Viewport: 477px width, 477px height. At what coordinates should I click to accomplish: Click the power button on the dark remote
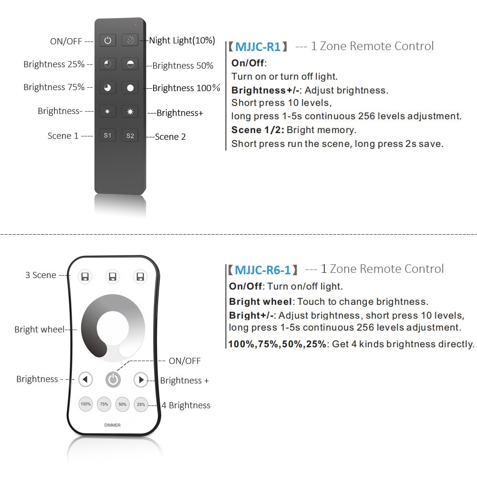click(108, 41)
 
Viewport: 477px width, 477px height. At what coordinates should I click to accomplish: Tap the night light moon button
click(130, 41)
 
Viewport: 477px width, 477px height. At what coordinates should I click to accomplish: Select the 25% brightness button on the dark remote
click(108, 64)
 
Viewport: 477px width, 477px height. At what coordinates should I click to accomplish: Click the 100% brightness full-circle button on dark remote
click(130, 88)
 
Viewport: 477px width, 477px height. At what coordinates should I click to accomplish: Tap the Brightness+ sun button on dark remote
click(130, 112)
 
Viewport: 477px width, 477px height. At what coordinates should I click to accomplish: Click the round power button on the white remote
click(113, 380)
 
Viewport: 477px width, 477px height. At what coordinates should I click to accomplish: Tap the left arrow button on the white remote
click(85, 380)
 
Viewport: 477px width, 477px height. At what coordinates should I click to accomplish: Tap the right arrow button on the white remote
click(141, 380)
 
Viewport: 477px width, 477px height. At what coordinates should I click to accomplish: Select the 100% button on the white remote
click(85, 404)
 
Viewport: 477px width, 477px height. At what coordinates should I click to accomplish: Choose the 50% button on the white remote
click(123, 404)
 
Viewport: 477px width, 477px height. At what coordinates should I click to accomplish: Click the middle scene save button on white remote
click(113, 277)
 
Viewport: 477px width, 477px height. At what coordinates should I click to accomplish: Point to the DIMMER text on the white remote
click(113, 425)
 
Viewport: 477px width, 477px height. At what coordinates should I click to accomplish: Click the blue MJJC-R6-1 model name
click(263, 270)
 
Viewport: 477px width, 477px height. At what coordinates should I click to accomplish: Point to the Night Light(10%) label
click(182, 41)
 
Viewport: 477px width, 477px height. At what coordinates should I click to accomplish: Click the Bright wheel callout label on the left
click(39, 329)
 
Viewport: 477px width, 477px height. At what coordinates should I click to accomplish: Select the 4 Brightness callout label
click(186, 405)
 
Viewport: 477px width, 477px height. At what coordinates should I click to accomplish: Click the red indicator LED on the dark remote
click(135, 24)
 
